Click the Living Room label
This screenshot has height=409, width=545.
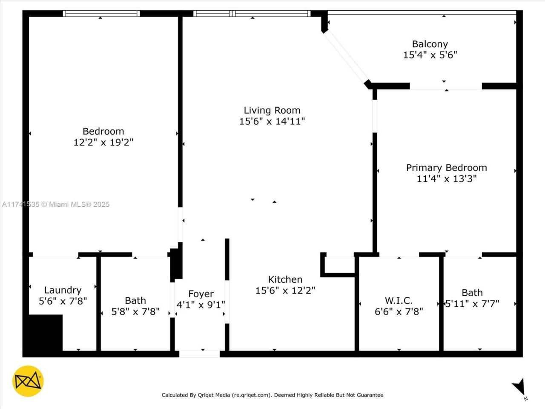point(272,110)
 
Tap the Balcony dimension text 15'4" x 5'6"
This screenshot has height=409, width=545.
point(430,55)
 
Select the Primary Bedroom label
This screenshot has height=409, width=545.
point(446,168)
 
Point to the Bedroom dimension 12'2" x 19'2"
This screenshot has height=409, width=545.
point(103,142)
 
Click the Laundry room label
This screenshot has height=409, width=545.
point(63,291)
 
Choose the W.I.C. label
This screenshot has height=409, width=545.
point(399,301)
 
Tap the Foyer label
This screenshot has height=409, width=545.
point(201,294)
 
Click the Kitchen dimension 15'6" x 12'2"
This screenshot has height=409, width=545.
point(285,291)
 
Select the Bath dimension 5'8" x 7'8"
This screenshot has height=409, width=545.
point(135,312)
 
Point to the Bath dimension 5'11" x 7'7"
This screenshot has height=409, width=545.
point(472,304)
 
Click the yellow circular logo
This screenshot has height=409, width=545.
point(28,381)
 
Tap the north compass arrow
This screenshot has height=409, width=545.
point(519,387)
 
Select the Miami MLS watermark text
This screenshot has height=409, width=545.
point(55,204)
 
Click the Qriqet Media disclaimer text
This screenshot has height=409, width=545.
point(272,395)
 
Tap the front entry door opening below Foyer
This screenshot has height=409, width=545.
point(199,354)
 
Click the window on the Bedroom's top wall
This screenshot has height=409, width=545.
point(101,14)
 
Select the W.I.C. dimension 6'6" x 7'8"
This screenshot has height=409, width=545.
point(399,312)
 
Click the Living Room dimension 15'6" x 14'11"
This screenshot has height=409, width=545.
point(272,121)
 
